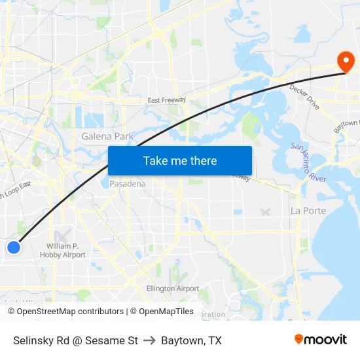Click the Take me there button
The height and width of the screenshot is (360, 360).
(x=180, y=161)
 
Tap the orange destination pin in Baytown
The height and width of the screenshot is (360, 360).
(x=345, y=62)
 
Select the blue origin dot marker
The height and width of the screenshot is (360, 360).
(x=14, y=247)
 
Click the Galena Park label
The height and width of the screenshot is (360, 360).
(x=107, y=137)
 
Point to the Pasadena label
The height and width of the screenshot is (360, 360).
(x=127, y=184)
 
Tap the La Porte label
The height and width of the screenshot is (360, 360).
(x=308, y=211)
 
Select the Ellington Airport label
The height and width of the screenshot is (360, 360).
(x=173, y=288)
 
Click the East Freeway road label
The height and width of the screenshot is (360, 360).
(x=167, y=100)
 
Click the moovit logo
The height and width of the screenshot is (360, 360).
(x=320, y=339)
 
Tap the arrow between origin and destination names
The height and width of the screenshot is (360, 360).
(x=149, y=340)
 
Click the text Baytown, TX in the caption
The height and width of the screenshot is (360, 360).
(x=191, y=340)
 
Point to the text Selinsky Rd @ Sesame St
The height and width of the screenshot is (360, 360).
(x=75, y=340)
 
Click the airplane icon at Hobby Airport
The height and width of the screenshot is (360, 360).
(x=62, y=236)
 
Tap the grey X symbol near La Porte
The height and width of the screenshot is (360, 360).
(x=265, y=211)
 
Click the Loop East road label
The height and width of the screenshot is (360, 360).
(x=16, y=190)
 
